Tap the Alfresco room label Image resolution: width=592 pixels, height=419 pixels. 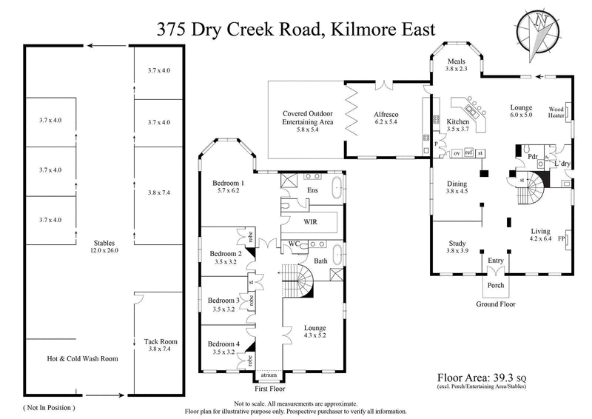pos(383,114)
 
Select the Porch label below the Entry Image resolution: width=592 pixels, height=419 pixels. pos(495,284)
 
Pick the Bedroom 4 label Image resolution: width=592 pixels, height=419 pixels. pos(223,344)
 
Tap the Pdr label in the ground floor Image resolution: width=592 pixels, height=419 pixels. pos(531,158)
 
